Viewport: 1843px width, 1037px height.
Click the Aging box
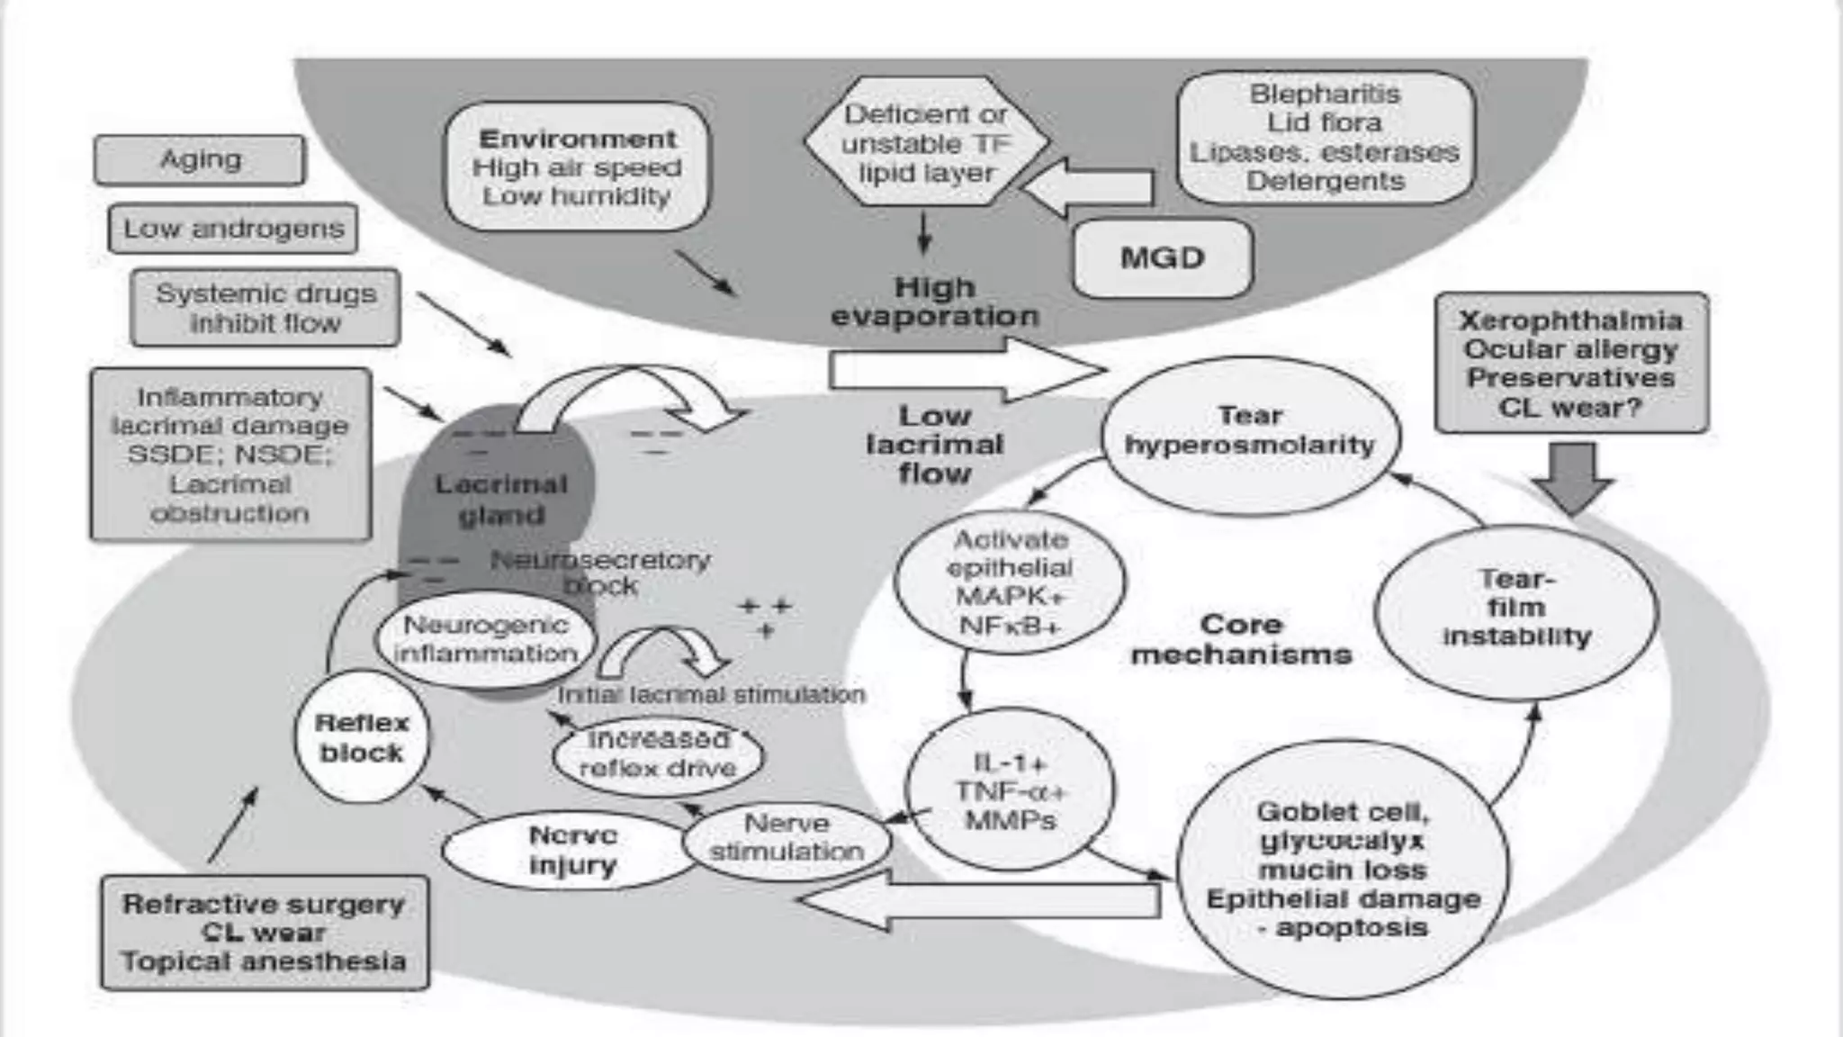pos(200,160)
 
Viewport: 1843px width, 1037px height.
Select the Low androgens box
pos(233,229)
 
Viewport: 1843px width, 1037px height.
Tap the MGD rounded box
pos(1162,258)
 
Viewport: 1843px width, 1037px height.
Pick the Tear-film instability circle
pos(1516,609)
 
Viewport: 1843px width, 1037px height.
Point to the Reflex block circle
pos(362,737)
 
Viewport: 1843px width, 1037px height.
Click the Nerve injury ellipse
pos(571,851)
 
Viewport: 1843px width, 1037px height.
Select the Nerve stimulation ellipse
pos(787,838)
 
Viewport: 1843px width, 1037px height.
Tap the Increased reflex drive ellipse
pos(658,753)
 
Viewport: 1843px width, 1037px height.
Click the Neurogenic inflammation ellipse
pos(486,639)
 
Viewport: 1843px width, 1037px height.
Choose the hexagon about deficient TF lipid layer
pos(926,144)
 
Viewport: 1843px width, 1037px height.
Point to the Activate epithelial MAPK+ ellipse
pos(1010,581)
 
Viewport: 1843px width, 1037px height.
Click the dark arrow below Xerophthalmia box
pos(1572,477)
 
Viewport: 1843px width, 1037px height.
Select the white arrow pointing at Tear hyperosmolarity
pos(963,370)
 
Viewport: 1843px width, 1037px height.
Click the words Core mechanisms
pos(1241,639)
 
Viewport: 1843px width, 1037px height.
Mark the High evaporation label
pos(934,302)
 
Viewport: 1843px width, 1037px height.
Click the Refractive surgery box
pos(265,933)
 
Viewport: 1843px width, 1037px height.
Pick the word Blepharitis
pos(1324,94)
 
